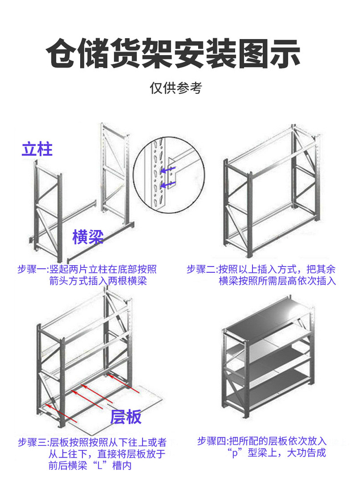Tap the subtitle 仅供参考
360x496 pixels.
(x=175, y=88)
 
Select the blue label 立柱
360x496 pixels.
(x=37, y=149)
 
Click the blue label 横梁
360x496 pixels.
(x=88, y=237)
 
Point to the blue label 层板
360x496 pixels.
(x=126, y=416)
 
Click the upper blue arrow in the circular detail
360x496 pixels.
(x=169, y=170)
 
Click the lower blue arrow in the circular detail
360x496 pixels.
(x=169, y=184)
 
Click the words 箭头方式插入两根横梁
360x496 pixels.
(x=98, y=281)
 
